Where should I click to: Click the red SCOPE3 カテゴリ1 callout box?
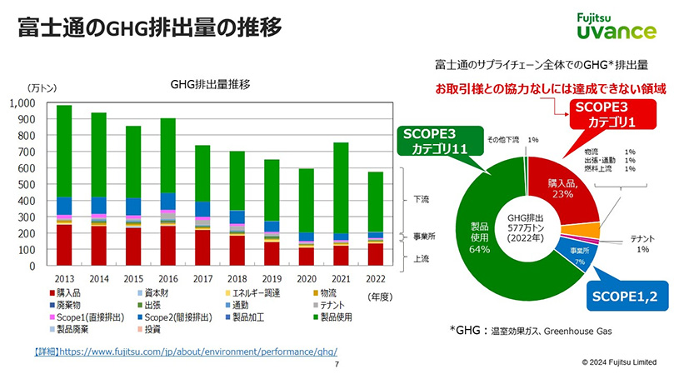pos(611,115)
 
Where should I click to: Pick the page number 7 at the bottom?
pos(337,365)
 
